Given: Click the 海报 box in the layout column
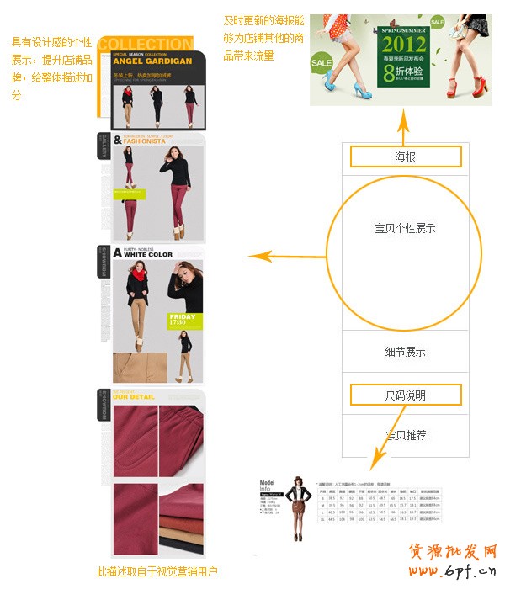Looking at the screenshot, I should click(406, 157).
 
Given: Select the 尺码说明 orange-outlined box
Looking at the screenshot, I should click(406, 395).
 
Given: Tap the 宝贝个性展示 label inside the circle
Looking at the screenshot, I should click(405, 228).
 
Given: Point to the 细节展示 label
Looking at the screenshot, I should click(405, 352).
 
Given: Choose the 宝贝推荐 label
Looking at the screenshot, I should click(406, 435).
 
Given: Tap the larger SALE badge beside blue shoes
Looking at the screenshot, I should click(322, 63).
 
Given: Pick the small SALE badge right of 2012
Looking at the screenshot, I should click(437, 23).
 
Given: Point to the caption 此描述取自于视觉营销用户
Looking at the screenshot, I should click(157, 572).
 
